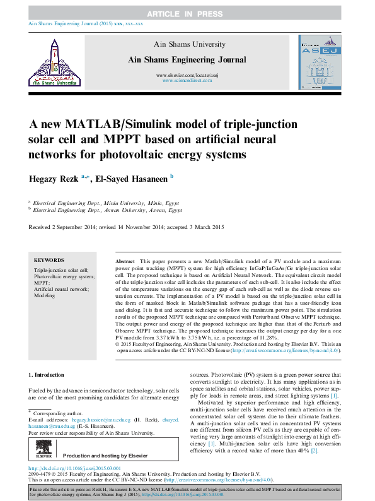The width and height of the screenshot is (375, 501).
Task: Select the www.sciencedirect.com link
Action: click(187, 81)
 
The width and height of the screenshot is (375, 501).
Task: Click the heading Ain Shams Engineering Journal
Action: click(187, 59)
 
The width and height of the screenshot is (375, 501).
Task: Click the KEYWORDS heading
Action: click(49, 260)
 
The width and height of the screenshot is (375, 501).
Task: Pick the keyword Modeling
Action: click(44, 295)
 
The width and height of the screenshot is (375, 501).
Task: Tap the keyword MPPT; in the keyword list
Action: click(42, 283)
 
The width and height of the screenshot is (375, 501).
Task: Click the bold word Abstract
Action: click(125, 261)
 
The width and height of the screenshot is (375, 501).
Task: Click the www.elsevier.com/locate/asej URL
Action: click(187, 76)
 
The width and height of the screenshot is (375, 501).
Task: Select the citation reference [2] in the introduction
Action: click(314, 451)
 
